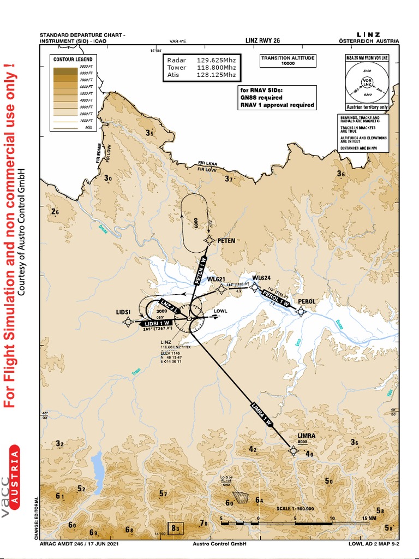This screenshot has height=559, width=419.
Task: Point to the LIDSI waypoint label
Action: click(109, 312)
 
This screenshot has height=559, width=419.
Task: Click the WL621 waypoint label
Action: click(216, 279)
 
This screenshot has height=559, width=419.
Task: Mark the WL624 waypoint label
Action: click(261, 278)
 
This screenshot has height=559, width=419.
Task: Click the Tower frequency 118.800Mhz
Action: click(216, 68)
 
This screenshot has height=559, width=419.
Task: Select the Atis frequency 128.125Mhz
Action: click(216, 75)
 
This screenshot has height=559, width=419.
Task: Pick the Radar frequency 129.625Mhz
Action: click(216, 60)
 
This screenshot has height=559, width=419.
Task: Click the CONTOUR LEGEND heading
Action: click(72, 59)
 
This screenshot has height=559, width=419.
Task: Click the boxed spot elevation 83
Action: click(176, 528)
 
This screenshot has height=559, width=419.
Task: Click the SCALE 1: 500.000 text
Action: click(294, 508)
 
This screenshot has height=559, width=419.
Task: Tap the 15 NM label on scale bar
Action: click(369, 518)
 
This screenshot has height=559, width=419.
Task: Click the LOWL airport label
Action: click(220, 312)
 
